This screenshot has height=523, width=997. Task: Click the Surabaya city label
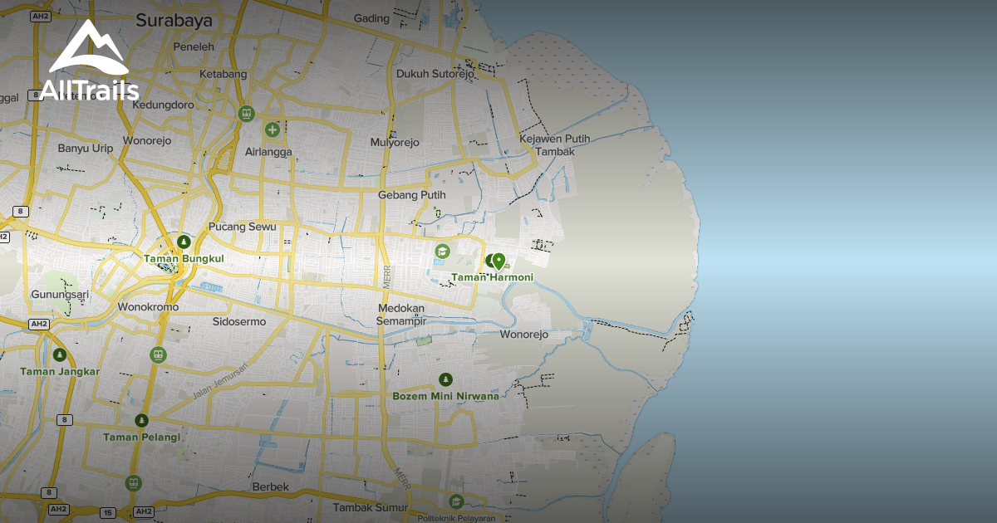click(x=174, y=20)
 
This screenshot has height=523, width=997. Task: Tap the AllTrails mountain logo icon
click(x=89, y=50)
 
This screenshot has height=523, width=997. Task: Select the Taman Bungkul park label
click(x=184, y=259)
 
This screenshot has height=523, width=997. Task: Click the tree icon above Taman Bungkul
click(x=184, y=242)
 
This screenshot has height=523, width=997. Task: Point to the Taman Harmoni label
click(x=492, y=277)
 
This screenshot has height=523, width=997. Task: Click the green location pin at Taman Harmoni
click(x=498, y=260)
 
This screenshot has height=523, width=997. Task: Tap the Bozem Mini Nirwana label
click(x=445, y=396)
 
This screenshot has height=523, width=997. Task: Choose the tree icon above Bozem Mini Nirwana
click(x=445, y=379)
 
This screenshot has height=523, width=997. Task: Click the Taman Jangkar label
click(x=60, y=371)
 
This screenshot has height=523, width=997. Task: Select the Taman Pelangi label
click(x=141, y=437)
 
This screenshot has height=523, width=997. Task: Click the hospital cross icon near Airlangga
click(x=273, y=130)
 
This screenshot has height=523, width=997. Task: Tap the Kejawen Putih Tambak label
click(x=554, y=145)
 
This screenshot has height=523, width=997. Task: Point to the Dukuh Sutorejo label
click(x=435, y=73)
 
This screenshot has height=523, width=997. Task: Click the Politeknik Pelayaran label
click(x=456, y=518)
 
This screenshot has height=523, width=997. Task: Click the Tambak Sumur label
click(x=371, y=507)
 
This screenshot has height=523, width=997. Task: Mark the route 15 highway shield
click(x=107, y=512)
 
